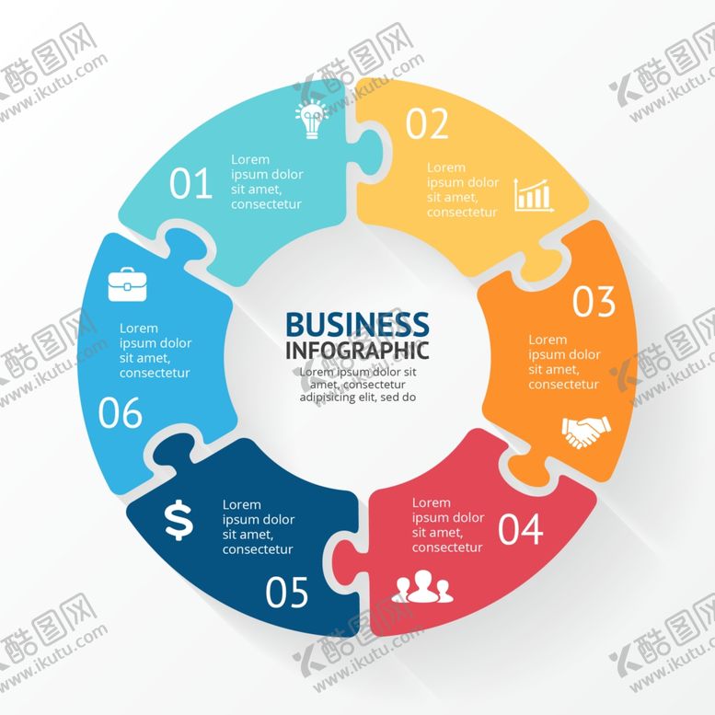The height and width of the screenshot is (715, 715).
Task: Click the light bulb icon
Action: pos(312,120)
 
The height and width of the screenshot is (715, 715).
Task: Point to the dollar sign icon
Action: pos(179,520)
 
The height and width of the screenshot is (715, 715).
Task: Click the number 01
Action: pos(190,183)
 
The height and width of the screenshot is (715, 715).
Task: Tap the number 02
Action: pos(427,123)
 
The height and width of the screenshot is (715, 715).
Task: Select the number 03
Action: pos(594,302)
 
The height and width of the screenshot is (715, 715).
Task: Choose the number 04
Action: pos(520,529)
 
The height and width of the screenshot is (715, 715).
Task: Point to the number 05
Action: pos(287,592)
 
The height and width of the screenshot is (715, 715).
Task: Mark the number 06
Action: pos(121,412)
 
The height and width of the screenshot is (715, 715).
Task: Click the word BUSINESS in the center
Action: pos(357,324)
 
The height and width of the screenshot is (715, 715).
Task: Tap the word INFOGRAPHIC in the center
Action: pos(357,351)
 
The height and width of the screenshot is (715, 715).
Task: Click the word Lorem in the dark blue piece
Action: pos(242,505)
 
